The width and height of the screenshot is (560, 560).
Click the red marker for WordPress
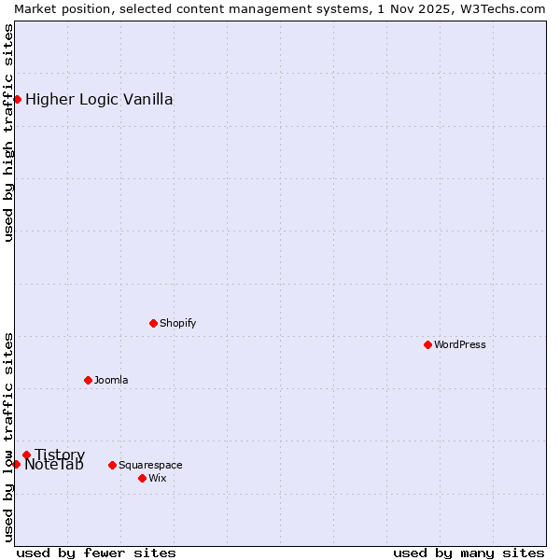point(427,344)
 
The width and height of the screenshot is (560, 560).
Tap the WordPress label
point(459,344)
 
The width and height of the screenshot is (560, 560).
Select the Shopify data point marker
point(153,323)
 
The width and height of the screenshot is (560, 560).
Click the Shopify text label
point(177,323)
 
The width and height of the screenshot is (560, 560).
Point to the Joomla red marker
point(88,380)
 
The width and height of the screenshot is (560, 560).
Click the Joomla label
point(111,380)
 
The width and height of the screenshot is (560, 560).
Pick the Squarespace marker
point(112,465)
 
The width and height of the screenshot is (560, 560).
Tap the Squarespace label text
point(150,465)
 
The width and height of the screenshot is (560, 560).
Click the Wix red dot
point(142,478)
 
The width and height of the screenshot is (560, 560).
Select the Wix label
point(157,478)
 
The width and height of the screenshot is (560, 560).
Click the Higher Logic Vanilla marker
point(17,99)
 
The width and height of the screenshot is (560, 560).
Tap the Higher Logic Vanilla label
point(99,100)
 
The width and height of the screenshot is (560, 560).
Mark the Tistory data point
point(26,455)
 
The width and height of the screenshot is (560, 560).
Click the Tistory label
point(60,455)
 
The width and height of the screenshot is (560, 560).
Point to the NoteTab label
point(54,465)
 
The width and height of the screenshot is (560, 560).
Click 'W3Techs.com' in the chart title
point(498,8)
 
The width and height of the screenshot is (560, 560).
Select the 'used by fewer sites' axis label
point(96,553)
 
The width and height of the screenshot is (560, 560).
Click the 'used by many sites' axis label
point(469,553)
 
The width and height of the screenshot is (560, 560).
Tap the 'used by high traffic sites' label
point(8,133)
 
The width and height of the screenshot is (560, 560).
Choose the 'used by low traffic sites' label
point(8,436)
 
